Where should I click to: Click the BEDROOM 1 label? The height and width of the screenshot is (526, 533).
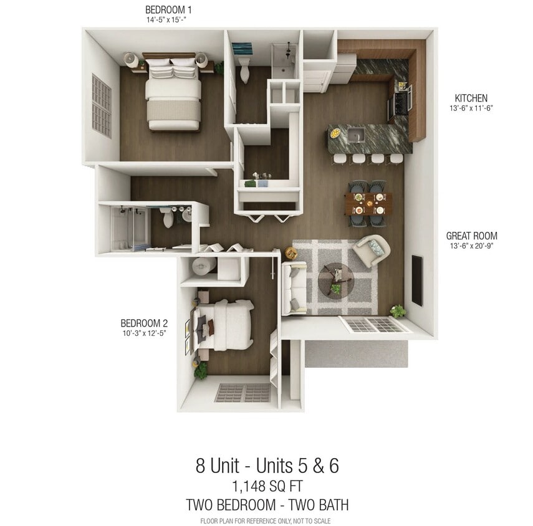point(168,9)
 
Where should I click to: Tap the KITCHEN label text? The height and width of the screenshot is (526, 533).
point(471,98)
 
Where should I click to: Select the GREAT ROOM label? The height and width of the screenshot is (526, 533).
point(471,236)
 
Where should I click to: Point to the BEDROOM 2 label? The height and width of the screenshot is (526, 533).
point(144,323)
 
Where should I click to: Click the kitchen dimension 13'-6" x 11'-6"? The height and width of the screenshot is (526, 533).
point(471,108)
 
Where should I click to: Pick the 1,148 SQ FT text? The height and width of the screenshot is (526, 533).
point(267,486)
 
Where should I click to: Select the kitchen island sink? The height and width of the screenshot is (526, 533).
point(356,134)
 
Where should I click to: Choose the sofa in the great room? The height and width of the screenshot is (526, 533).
point(295,288)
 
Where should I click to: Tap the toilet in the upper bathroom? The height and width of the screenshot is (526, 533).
point(244,71)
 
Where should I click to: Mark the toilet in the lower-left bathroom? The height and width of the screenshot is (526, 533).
point(167,218)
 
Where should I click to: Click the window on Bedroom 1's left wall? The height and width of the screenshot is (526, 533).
point(101,105)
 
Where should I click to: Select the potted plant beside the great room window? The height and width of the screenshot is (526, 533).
point(396,310)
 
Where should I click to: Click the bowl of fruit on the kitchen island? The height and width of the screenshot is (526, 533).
point(335,133)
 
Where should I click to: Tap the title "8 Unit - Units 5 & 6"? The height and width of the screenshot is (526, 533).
point(267,466)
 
